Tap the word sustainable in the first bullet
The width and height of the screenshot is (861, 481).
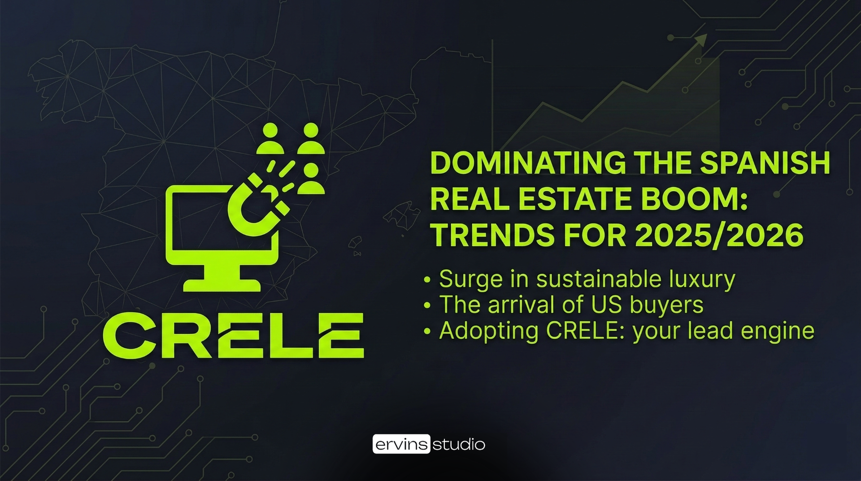point(599,279)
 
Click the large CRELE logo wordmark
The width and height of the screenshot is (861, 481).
point(233,335)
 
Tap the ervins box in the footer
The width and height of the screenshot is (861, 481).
point(401,444)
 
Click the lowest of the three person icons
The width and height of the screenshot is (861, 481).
point(311,179)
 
